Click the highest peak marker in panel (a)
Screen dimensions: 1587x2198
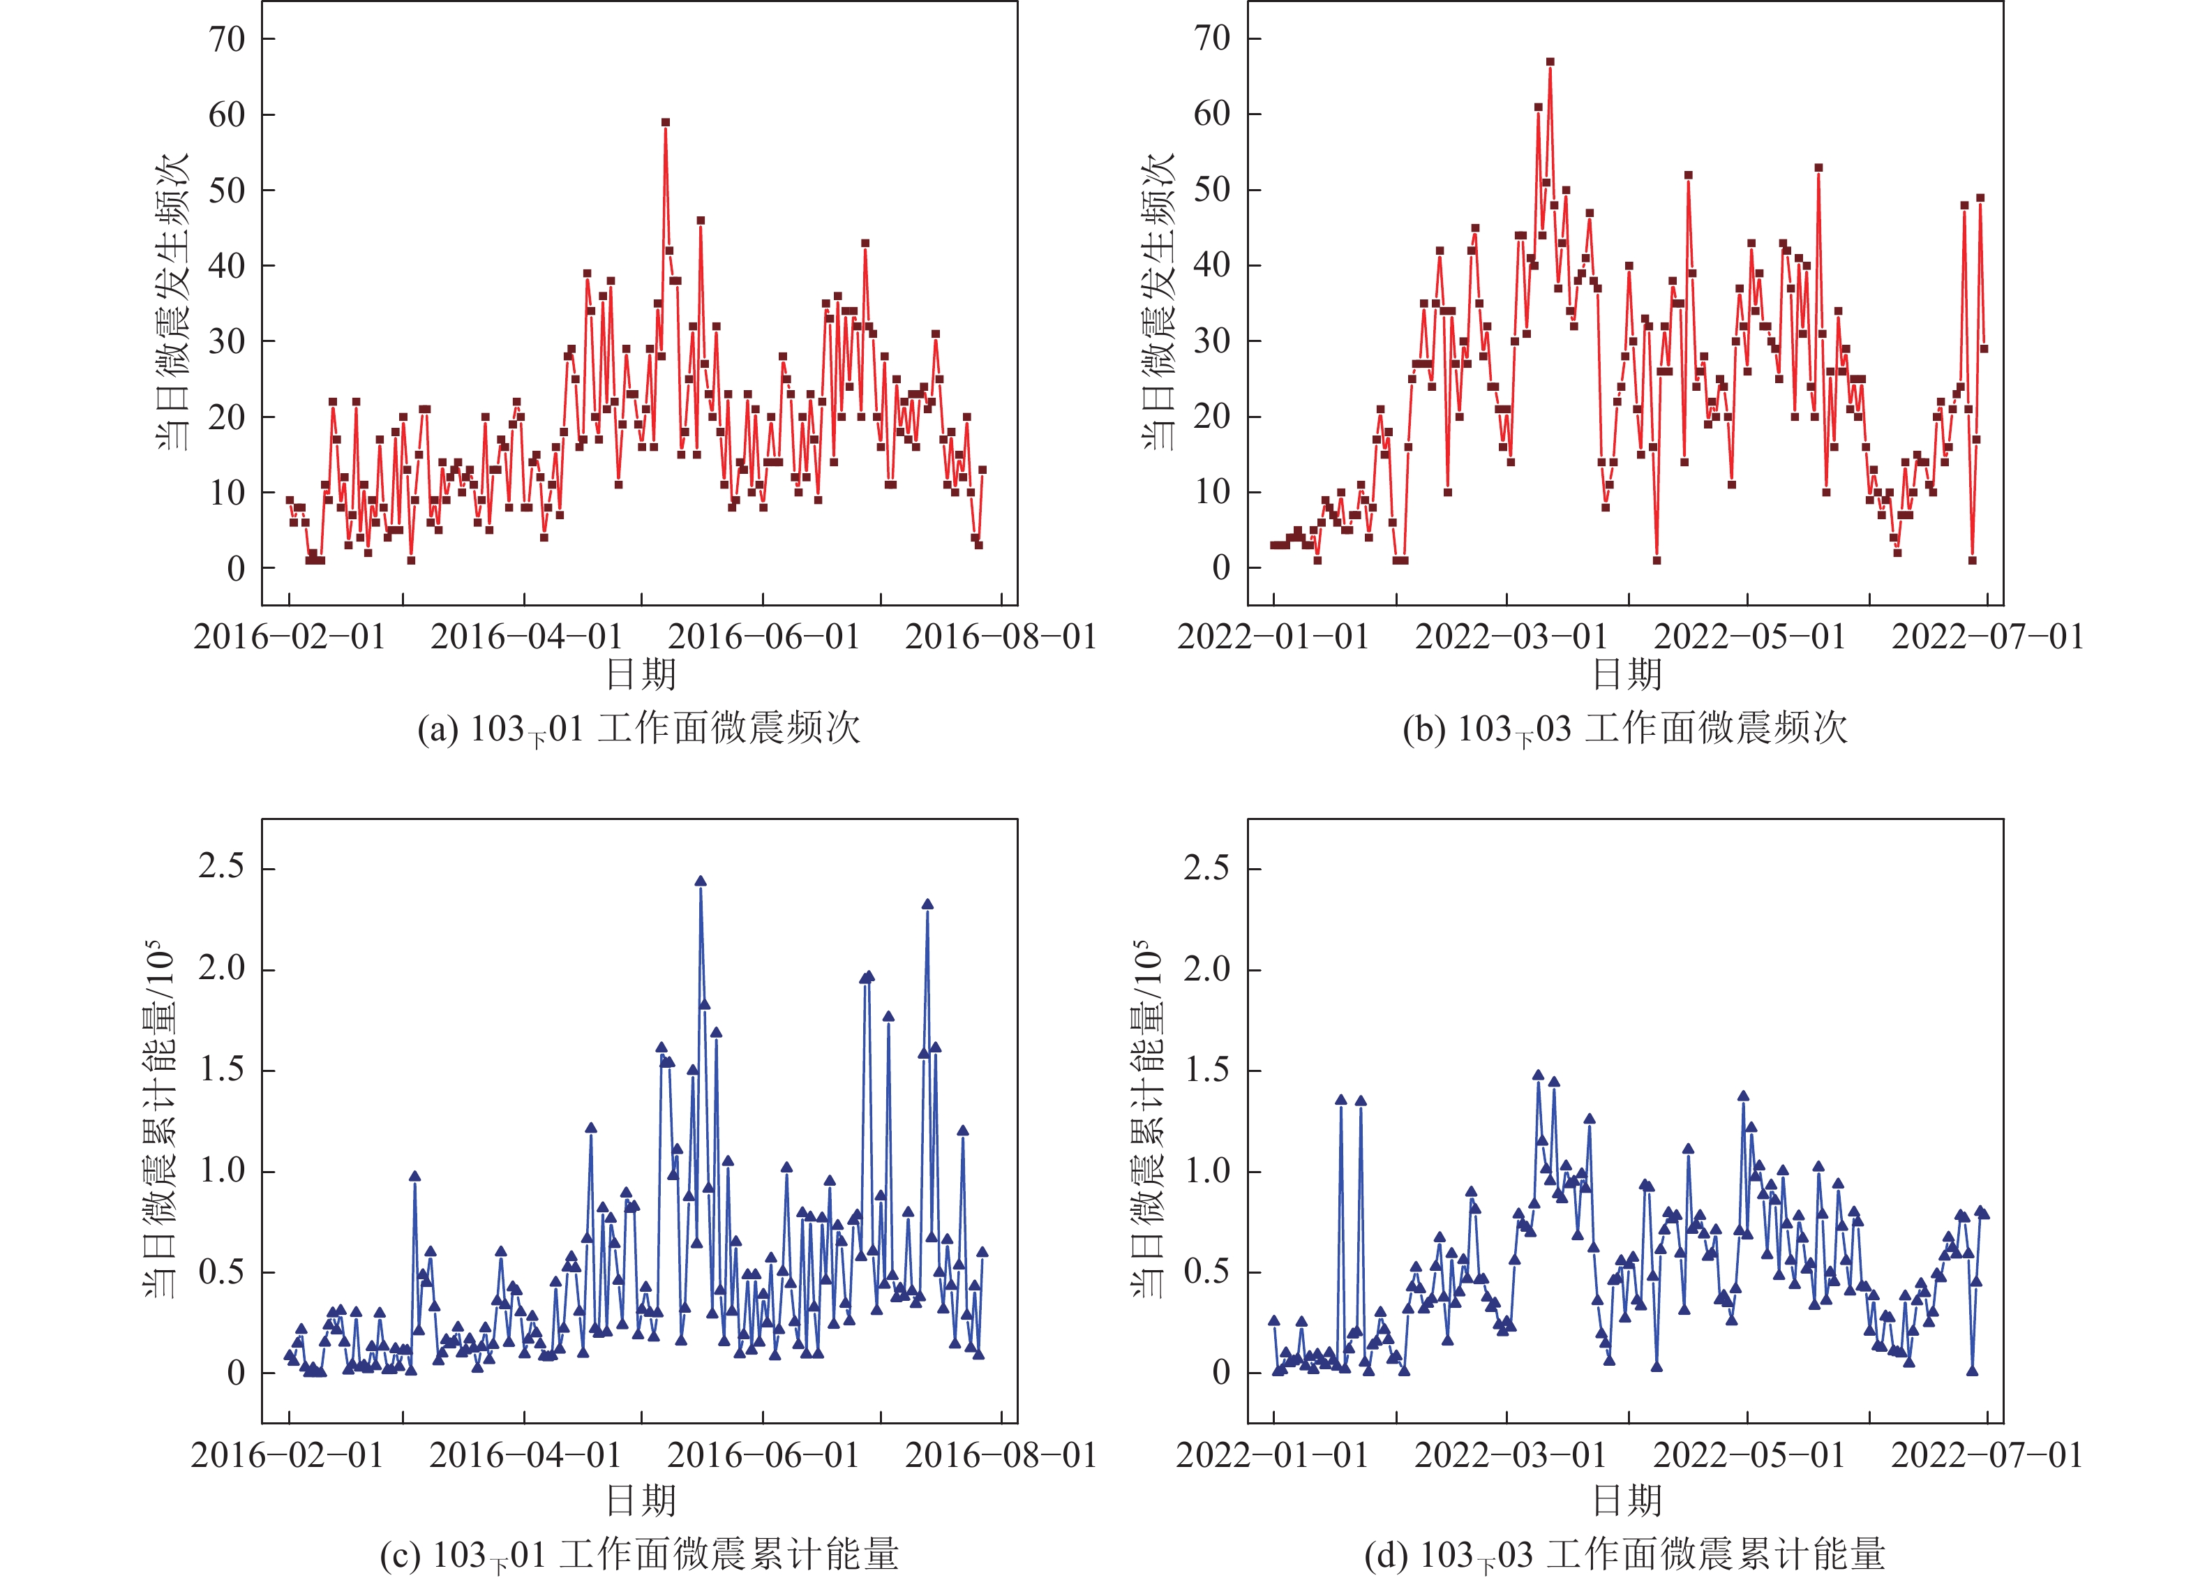pyautogui.click(x=665, y=123)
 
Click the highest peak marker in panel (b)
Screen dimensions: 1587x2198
pyautogui.click(x=1550, y=62)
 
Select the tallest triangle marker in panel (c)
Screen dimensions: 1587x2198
pyautogui.click(x=701, y=882)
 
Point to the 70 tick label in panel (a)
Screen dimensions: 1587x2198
pyautogui.click(x=227, y=40)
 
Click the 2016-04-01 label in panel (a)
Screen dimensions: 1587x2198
pyautogui.click(x=526, y=637)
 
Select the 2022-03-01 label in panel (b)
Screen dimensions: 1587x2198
pyautogui.click(x=1511, y=637)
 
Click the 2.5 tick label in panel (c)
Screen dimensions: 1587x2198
pyautogui.click(x=222, y=867)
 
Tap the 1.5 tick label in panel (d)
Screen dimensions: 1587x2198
pyautogui.click(x=1208, y=1071)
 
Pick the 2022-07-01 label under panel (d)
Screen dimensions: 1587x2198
pyautogui.click(x=1987, y=1455)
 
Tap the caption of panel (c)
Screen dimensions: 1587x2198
pyautogui.click(x=638, y=1555)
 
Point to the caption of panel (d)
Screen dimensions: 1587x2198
pyautogui.click(x=1625, y=1555)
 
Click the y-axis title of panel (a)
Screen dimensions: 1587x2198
pyautogui.click(x=174, y=301)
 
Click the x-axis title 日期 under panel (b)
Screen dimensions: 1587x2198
pyautogui.click(x=1627, y=673)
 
